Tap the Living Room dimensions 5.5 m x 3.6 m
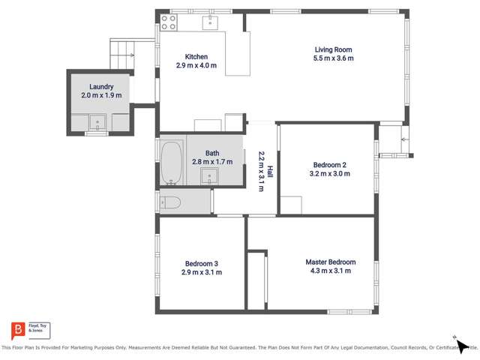[334, 58]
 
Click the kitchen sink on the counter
[210, 21]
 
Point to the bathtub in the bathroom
[171, 162]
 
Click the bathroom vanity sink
[209, 175]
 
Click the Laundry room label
[100, 86]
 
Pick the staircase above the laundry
[121, 52]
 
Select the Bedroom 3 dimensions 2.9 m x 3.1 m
[202, 272]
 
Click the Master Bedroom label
[330, 262]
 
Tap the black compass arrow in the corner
[462, 346]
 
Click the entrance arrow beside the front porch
[404, 139]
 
